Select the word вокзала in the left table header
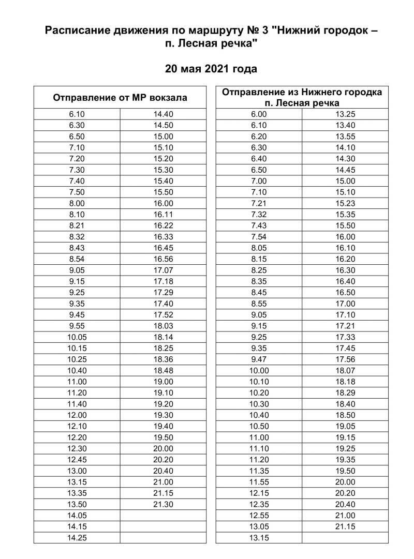171,98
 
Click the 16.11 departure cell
163,215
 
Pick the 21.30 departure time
163,504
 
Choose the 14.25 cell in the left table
77,538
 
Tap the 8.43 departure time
77,248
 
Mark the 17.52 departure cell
163,315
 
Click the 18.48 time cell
163,370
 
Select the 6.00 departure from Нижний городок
258,114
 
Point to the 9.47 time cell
258,359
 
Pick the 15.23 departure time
345,203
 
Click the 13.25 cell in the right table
345,114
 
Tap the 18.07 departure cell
345,370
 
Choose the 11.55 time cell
258,482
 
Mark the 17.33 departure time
345,337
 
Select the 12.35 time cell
258,504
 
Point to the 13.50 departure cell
77,504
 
